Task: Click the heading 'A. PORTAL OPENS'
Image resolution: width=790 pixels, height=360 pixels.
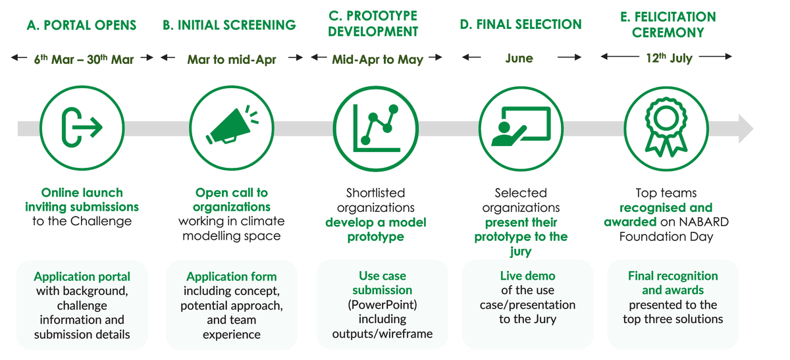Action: pyautogui.click(x=82, y=26)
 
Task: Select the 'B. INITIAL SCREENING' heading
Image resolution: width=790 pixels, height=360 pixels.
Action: pyautogui.click(x=229, y=26)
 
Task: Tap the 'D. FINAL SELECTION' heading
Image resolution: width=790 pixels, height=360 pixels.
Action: pyautogui.click(x=520, y=25)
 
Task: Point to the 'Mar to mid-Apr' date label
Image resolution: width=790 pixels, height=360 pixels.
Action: pyautogui.click(x=231, y=59)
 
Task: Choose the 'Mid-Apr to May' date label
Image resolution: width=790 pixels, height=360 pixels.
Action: pyautogui.click(x=377, y=59)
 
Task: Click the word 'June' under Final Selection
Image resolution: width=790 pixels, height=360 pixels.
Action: pyautogui.click(x=519, y=58)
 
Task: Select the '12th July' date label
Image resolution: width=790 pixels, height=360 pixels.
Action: pyautogui.click(x=669, y=58)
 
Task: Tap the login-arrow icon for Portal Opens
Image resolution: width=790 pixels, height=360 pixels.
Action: pyautogui.click(x=82, y=127)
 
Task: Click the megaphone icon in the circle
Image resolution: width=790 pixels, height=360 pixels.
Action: pyautogui.click(x=230, y=127)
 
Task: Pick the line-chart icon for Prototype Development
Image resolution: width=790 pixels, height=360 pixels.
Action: pyautogui.click(x=376, y=127)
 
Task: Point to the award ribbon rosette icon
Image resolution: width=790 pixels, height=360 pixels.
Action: pyautogui.click(x=666, y=127)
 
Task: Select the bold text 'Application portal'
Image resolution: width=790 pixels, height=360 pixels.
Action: pyautogui.click(x=82, y=276)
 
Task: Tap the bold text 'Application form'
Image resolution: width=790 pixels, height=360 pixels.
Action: pyautogui.click(x=231, y=276)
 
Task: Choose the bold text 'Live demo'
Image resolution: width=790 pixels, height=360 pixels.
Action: pyautogui.click(x=527, y=276)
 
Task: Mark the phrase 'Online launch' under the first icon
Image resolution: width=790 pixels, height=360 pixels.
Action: pyautogui.click(x=82, y=193)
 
